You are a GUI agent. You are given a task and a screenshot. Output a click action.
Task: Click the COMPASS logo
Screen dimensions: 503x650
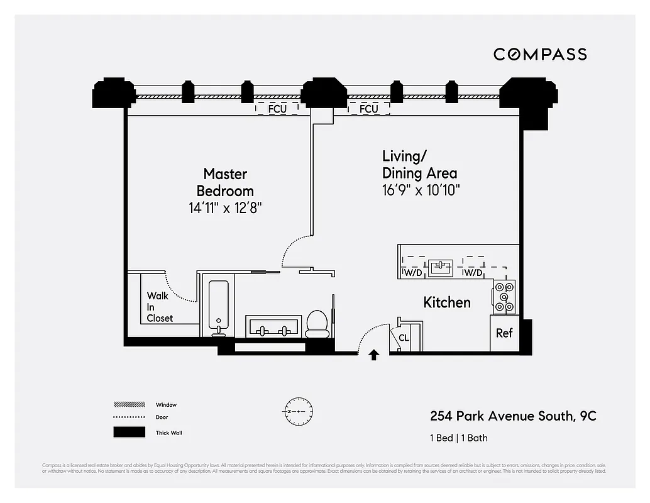click(540, 54)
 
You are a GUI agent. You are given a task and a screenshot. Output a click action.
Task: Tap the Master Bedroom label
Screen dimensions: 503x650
click(225, 182)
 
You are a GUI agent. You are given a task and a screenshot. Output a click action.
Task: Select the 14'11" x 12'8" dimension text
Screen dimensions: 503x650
click(225, 208)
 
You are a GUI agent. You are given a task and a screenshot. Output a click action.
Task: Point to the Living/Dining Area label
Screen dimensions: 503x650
click(420, 164)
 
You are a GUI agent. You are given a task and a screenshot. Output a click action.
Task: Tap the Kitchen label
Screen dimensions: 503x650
click(446, 302)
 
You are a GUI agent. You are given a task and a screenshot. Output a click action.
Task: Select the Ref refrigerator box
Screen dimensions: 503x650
click(504, 333)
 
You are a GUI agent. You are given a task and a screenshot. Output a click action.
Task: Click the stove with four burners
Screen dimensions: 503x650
click(504, 297)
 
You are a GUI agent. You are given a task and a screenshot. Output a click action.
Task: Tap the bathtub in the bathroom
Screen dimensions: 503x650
click(218, 307)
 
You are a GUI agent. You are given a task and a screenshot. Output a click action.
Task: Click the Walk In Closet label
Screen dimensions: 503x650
click(160, 307)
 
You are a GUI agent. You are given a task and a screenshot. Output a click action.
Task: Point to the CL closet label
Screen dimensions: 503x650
click(404, 338)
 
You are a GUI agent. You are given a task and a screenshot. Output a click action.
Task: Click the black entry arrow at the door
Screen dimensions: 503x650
click(374, 355)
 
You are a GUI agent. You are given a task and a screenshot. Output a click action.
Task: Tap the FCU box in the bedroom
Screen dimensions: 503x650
click(277, 108)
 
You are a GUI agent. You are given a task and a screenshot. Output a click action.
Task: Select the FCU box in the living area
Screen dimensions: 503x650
click(368, 109)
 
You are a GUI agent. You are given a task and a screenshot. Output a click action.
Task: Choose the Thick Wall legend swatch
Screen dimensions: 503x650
click(129, 433)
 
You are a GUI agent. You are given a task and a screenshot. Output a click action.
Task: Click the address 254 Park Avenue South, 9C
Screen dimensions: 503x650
click(513, 416)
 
